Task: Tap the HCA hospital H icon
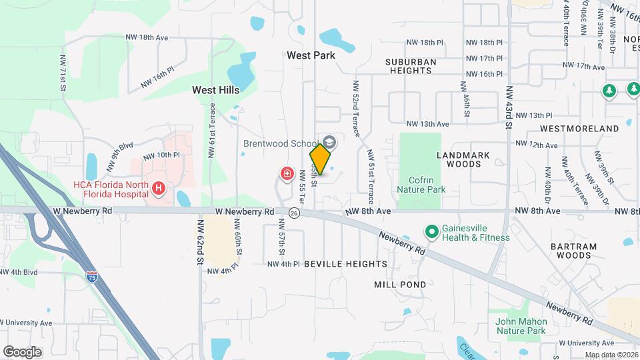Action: click(x=159, y=189)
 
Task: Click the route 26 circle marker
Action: click(x=294, y=213)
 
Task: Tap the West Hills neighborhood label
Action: click(x=215, y=89)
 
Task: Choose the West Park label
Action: click(x=311, y=56)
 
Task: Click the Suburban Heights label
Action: click(x=411, y=66)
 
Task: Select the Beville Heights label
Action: click(x=345, y=264)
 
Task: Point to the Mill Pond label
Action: click(x=399, y=284)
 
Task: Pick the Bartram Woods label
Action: click(x=574, y=251)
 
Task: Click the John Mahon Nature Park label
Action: click(x=521, y=326)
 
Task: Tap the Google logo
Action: click(x=22, y=351)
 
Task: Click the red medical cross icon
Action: click(x=287, y=175)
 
